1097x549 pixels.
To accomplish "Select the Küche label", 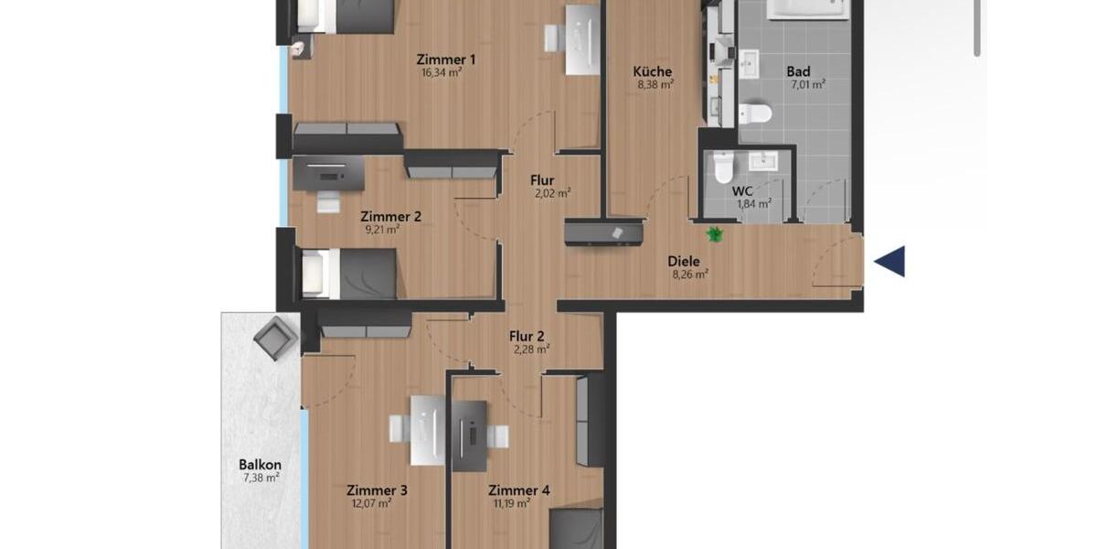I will tap(653, 71).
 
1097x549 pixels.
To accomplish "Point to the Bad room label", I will tap(798, 71).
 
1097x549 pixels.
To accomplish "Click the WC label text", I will tap(743, 191).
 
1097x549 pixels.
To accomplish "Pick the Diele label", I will tap(683, 261).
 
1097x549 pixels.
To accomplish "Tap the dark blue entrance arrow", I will tap(889, 261).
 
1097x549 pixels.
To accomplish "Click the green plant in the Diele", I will tap(715, 234).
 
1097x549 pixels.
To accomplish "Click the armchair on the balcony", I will tap(275, 339).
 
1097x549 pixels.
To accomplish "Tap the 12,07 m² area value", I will tap(371, 502).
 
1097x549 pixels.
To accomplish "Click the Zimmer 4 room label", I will tap(519, 490).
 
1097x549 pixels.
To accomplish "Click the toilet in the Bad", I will tap(756, 113).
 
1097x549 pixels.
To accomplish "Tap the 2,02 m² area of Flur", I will tap(552, 193).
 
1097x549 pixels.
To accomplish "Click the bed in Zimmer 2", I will tap(349, 273).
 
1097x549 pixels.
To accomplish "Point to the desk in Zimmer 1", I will tap(580, 38).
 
